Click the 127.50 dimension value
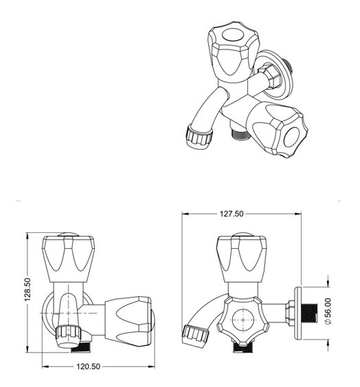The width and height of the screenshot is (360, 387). coord(232,214)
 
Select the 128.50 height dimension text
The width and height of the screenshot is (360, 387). coord(27,289)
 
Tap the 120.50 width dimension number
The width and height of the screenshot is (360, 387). coord(88,366)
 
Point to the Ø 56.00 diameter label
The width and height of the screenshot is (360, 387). coord(328,311)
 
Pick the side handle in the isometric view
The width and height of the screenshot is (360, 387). coord(278,129)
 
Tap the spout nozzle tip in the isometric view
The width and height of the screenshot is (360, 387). coord(199,137)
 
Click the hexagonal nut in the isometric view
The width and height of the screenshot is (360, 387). coord(270,76)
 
